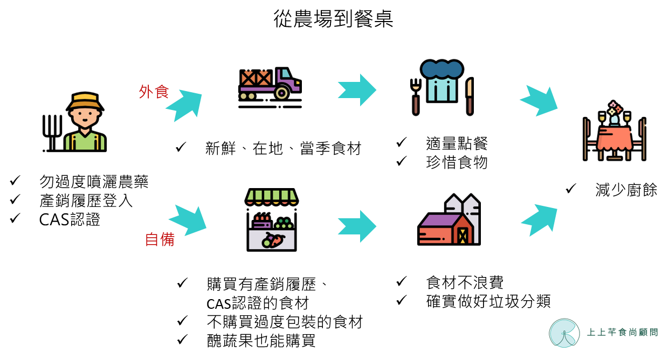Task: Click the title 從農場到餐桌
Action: pos(334,19)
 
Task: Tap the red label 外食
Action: pos(154,92)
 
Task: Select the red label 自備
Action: pos(160,239)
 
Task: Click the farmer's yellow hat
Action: pos(85,101)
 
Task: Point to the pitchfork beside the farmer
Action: pos(52,133)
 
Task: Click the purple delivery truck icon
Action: pos(270,87)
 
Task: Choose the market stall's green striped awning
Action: pos(272,197)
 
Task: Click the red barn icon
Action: pos(449,220)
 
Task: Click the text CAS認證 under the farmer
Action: pos(70,220)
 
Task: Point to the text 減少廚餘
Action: pos(626,190)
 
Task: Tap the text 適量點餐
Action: pos(457,143)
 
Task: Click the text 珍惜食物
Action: pos(457,162)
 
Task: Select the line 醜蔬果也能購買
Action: pos(261,341)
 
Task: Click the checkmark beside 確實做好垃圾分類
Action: pos(402,300)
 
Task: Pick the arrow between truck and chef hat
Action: pos(357,90)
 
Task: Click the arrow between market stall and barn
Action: pos(357,226)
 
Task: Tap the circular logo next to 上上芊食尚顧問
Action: pos(564,333)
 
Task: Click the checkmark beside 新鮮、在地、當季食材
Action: pos(181,147)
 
